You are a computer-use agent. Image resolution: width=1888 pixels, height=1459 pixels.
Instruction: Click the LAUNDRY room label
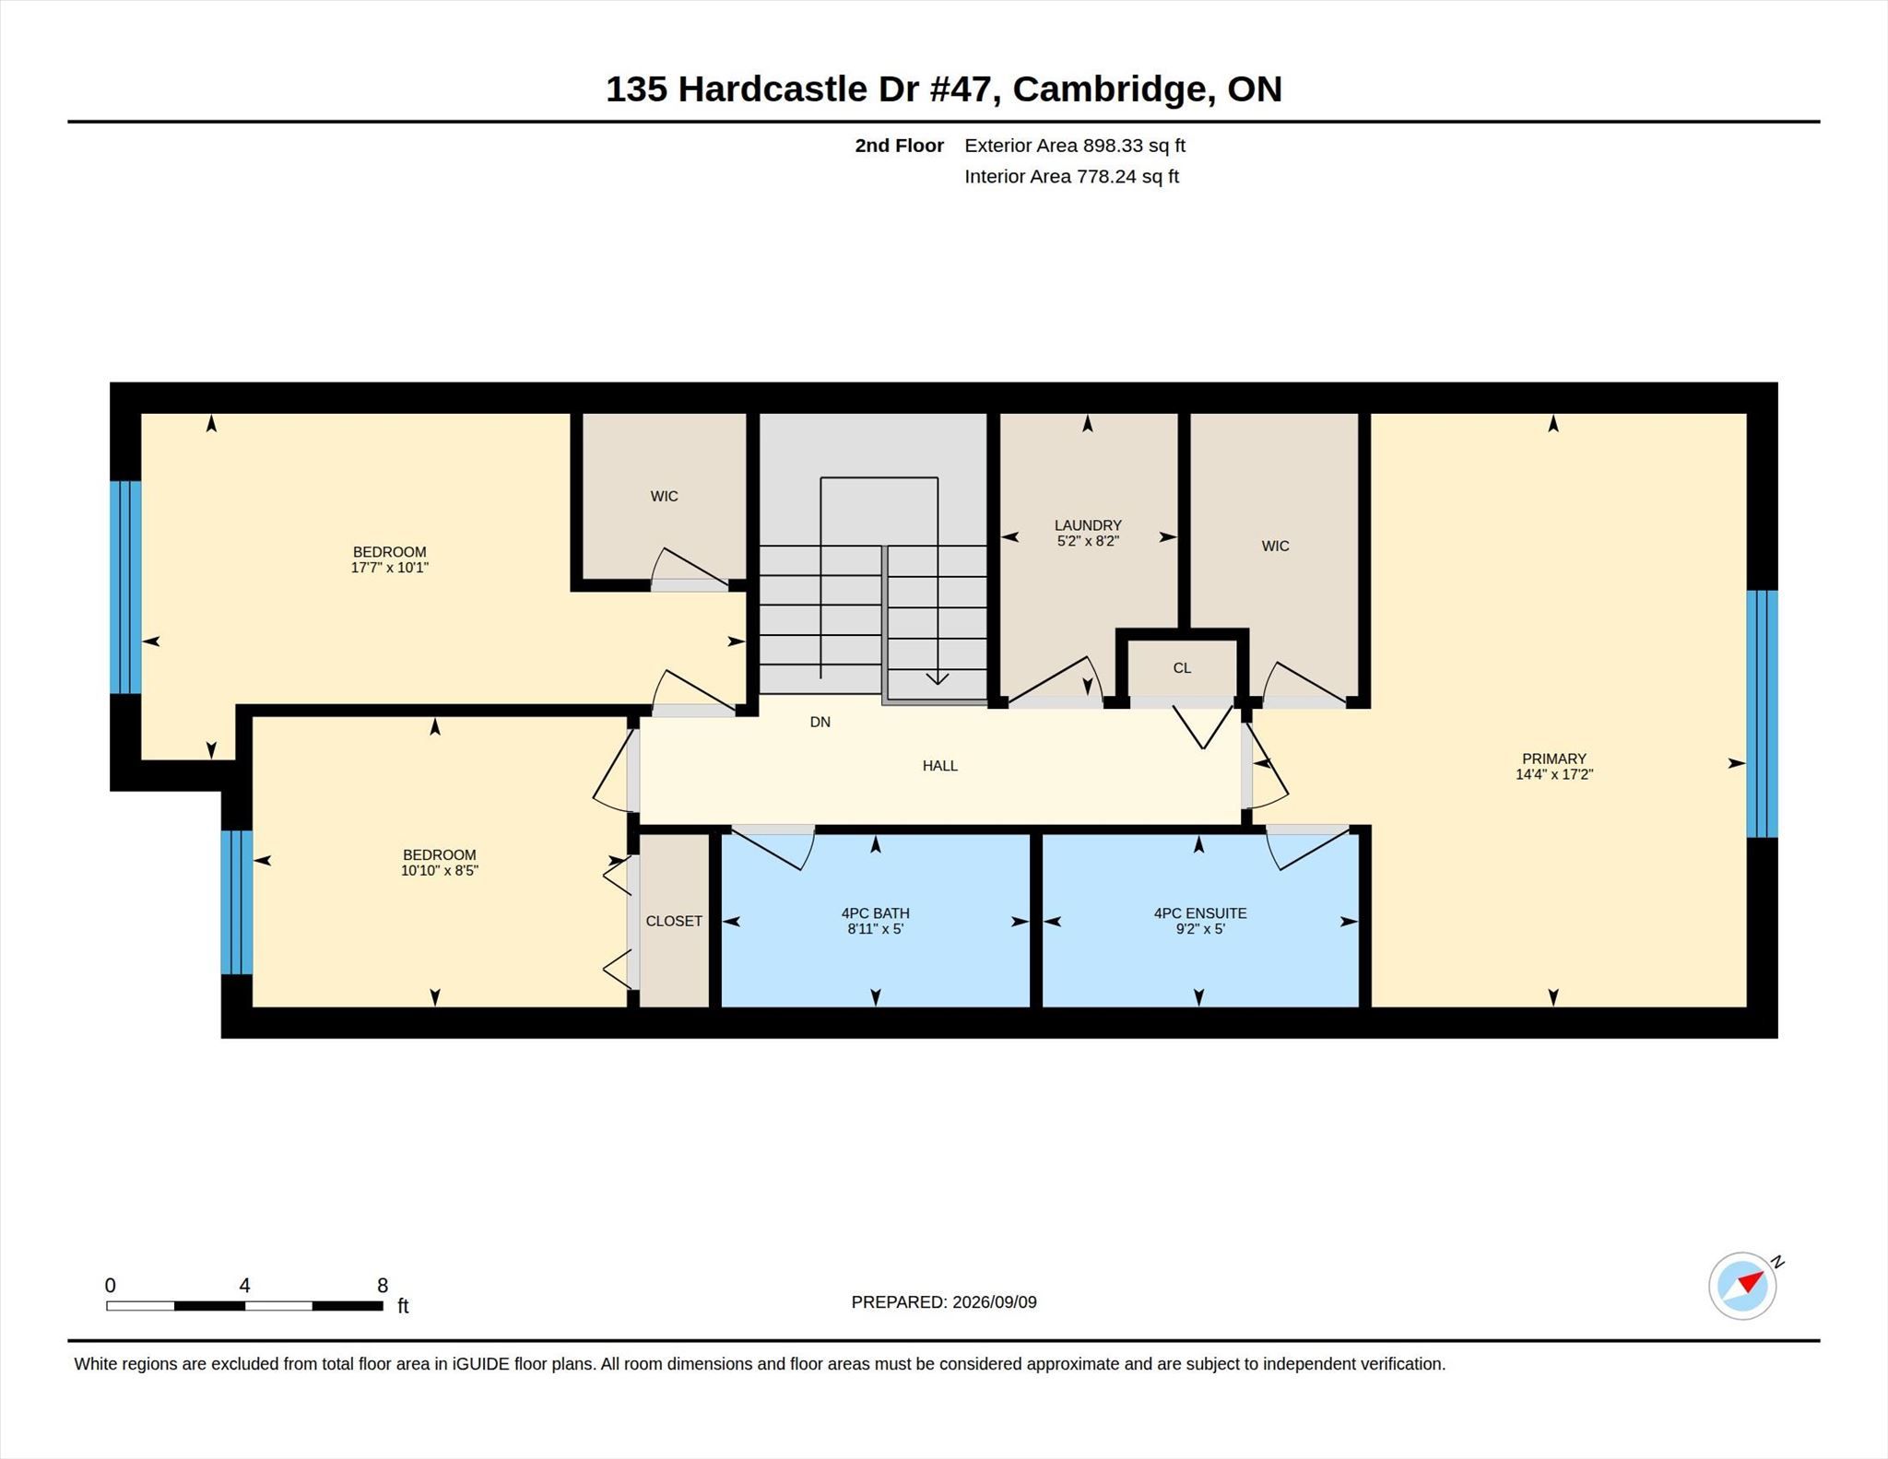[x=1088, y=525]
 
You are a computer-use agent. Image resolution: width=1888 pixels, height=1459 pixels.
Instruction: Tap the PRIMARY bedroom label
[x=1553, y=759]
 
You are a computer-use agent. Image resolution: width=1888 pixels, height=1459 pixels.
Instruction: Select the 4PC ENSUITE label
[x=1200, y=913]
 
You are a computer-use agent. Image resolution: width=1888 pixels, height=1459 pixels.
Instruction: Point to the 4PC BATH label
[x=875, y=913]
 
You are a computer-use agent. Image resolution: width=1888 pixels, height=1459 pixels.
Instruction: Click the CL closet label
[x=1182, y=668]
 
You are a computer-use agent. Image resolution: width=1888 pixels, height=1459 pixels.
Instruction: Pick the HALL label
[x=940, y=765]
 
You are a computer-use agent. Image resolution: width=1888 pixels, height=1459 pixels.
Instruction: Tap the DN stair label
[x=820, y=722]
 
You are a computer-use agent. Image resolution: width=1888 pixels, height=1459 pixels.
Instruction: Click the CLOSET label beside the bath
[x=674, y=921]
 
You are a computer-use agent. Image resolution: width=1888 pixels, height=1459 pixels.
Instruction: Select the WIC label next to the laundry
[x=1275, y=546]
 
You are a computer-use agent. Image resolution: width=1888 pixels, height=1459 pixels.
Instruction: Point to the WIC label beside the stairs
[x=664, y=496]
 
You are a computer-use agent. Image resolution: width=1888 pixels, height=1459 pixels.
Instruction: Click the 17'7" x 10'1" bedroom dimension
[x=389, y=568]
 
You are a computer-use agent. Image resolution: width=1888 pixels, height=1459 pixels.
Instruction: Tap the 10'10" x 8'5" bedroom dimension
[x=439, y=870]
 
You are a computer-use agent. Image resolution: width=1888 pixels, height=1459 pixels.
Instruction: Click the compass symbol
[x=1742, y=1286]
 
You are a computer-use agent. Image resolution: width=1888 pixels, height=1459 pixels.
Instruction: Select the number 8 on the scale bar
[x=383, y=1285]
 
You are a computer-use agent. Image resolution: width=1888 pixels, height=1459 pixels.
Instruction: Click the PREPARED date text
[x=944, y=1302]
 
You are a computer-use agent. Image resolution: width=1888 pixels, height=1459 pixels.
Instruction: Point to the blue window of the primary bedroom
[x=1763, y=713]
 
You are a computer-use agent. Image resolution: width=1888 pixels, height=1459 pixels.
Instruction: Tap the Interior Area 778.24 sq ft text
[x=1071, y=176]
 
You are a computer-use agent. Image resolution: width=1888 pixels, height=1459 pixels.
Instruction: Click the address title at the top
[x=944, y=88]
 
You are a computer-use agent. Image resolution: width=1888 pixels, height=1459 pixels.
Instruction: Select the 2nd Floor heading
[x=899, y=146]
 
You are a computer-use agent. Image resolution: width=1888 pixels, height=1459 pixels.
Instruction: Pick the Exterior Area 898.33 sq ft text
[x=1075, y=146]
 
